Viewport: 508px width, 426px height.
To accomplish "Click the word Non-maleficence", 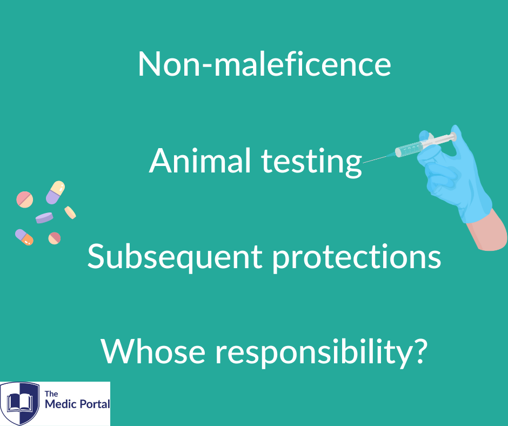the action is pos(264,64).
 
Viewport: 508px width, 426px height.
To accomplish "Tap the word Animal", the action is pos(200,160).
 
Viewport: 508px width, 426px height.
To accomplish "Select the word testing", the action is pos(311,162).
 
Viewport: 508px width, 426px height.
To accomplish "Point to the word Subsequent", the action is pos(175,258).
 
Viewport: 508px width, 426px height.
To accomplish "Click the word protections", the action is pos(357,258).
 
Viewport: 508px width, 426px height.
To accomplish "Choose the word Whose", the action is pos(153,351).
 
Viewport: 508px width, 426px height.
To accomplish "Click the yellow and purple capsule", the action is pos(56,192).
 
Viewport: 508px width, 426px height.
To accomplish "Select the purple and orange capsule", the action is pos(24,237).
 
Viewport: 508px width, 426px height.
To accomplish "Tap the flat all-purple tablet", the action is pos(44,217).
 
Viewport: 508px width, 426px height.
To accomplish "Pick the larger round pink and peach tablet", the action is pos(25,199).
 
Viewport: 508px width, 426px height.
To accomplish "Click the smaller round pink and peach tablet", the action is pos(55,238).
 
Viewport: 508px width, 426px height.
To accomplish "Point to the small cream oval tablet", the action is pos(70,212).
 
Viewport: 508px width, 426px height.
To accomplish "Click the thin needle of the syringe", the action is pos(379,158).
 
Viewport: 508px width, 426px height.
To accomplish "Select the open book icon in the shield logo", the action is pos(20,403).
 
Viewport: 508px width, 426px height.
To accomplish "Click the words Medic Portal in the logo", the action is pos(77,404).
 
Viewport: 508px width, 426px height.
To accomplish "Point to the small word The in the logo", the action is pos(51,394).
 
